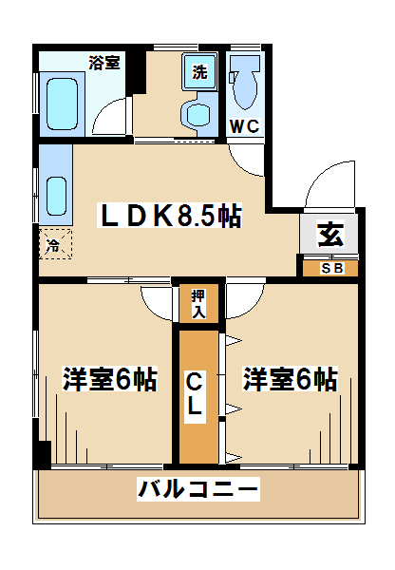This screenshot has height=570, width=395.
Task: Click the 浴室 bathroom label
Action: (104, 63)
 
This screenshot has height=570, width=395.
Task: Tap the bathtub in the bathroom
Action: (62, 104)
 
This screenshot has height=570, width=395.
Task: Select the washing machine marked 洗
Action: (199, 71)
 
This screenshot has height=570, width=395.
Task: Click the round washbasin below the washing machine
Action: (198, 114)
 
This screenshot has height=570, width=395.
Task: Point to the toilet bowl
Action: (243, 83)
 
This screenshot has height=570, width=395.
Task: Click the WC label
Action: (245, 126)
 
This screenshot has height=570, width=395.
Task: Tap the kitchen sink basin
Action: (56, 197)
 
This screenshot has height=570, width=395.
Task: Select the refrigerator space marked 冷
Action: (55, 244)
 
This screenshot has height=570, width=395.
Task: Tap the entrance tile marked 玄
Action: (329, 234)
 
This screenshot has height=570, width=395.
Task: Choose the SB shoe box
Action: (330, 268)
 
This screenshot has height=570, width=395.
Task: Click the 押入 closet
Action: (198, 304)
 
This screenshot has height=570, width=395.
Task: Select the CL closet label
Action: (196, 397)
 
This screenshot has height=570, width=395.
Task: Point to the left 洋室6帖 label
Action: (110, 379)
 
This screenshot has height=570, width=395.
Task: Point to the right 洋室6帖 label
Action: (291, 379)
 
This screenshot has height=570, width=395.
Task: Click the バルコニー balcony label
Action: (198, 489)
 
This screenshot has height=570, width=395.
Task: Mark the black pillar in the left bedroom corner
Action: (45, 454)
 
